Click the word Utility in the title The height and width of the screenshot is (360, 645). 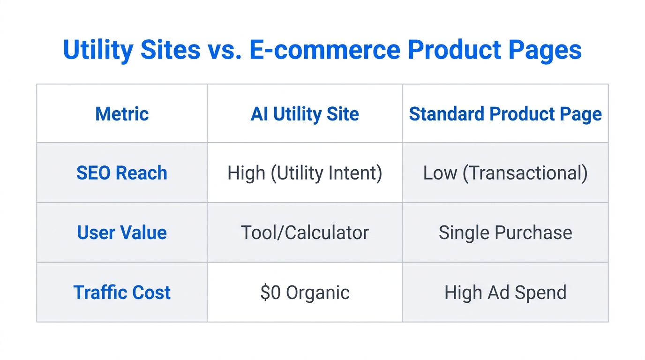[x=97, y=50]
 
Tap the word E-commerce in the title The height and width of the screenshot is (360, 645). [x=325, y=50]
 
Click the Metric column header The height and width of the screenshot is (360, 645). [x=122, y=114]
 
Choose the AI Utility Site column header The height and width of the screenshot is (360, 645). [x=305, y=114]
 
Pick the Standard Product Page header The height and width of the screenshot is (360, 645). [x=505, y=114]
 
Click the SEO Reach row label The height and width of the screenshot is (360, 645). [x=122, y=173]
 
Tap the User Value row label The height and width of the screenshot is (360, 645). [x=122, y=232]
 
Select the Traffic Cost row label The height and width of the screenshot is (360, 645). [x=122, y=292]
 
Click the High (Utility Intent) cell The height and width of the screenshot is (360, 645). [x=305, y=173]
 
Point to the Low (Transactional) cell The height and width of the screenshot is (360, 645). [x=505, y=173]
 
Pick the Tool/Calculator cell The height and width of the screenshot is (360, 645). [x=305, y=232]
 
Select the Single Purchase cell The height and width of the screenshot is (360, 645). [x=505, y=232]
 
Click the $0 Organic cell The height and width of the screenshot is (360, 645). [x=305, y=292]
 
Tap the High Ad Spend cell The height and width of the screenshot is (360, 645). [x=505, y=292]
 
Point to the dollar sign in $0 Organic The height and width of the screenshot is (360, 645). [x=265, y=292]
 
